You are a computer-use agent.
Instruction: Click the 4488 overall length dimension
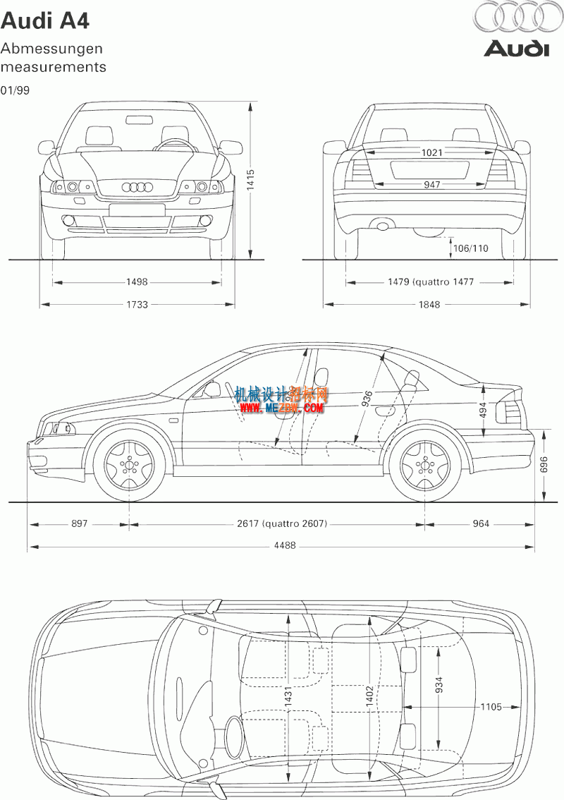285,545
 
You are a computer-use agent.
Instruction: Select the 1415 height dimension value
250,180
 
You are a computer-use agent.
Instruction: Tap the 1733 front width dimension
137,305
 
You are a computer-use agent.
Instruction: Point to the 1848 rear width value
429,305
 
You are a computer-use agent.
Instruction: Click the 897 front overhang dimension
79,523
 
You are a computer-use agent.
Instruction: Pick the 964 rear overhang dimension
480,523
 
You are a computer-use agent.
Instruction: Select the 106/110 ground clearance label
470,248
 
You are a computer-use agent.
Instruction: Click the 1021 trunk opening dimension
432,152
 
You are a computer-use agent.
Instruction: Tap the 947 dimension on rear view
431,184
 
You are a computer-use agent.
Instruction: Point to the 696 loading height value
544,464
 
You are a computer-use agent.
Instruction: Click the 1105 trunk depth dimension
491,707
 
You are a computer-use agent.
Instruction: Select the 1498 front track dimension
137,281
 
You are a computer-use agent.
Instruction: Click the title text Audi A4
45,21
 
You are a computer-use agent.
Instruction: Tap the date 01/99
15,90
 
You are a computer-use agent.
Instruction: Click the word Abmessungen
51,49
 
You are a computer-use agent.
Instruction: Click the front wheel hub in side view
129,465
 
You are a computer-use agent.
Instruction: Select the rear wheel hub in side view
425,465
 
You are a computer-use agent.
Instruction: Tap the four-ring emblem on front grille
137,187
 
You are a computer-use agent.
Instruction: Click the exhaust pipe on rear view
382,224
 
